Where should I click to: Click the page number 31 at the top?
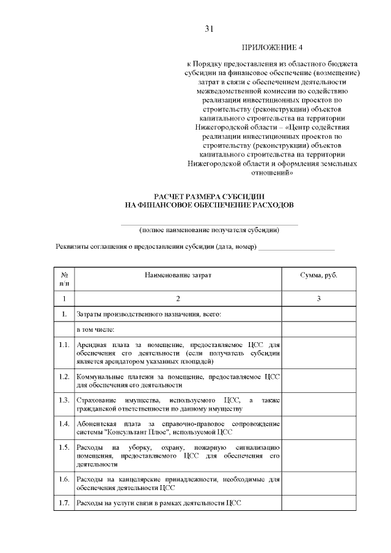pyautogui.click(x=210, y=29)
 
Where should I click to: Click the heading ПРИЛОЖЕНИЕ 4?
pyautogui.click(x=272, y=47)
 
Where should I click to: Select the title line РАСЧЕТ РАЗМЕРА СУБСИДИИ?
pyautogui.click(x=209, y=196)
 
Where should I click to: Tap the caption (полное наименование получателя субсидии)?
pyautogui.click(x=209, y=230)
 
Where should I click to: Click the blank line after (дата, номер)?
pyautogui.click(x=297, y=248)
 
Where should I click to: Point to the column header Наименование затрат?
pyautogui.click(x=178, y=276)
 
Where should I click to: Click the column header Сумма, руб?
pyautogui.click(x=318, y=276)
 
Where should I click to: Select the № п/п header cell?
pyautogui.click(x=64, y=279)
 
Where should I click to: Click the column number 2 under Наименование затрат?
pyautogui.click(x=178, y=299)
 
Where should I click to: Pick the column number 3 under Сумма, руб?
pyautogui.click(x=318, y=299)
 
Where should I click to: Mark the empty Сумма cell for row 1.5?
pyautogui.click(x=318, y=456)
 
